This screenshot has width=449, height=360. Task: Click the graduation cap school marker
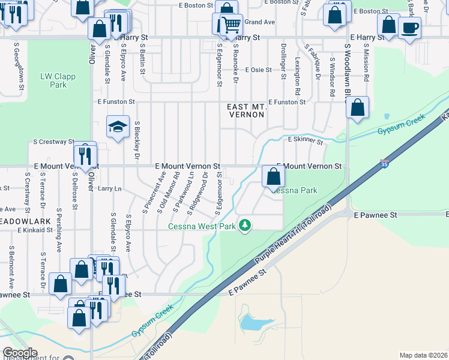click(x=118, y=127)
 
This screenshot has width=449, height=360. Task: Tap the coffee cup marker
click(x=409, y=28)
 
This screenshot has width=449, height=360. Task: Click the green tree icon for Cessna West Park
click(x=244, y=225)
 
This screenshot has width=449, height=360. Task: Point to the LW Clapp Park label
click(x=53, y=80)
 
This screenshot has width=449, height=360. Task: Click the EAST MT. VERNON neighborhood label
click(x=246, y=110)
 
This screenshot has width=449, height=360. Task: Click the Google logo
click(x=20, y=353)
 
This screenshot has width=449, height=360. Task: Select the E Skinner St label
click(x=306, y=141)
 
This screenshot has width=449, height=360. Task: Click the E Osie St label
click(x=258, y=70)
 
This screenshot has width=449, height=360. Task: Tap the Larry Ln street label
click(x=109, y=188)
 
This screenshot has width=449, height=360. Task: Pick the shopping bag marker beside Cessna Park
click(x=273, y=176)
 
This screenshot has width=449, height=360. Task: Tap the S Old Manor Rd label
click(x=169, y=193)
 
